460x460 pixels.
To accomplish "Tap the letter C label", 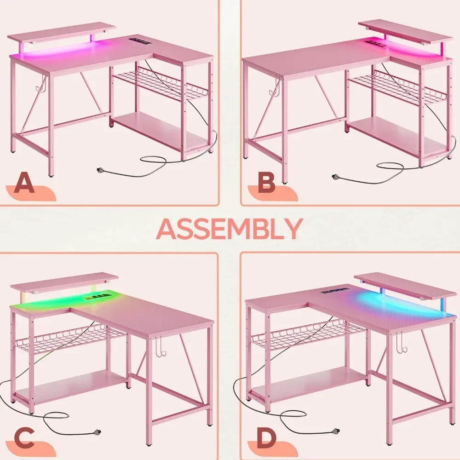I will point(20,438).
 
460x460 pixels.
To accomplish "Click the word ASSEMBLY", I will point(229,228).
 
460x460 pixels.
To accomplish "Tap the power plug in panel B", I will point(336,177).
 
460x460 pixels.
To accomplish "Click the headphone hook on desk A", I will point(42,82).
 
